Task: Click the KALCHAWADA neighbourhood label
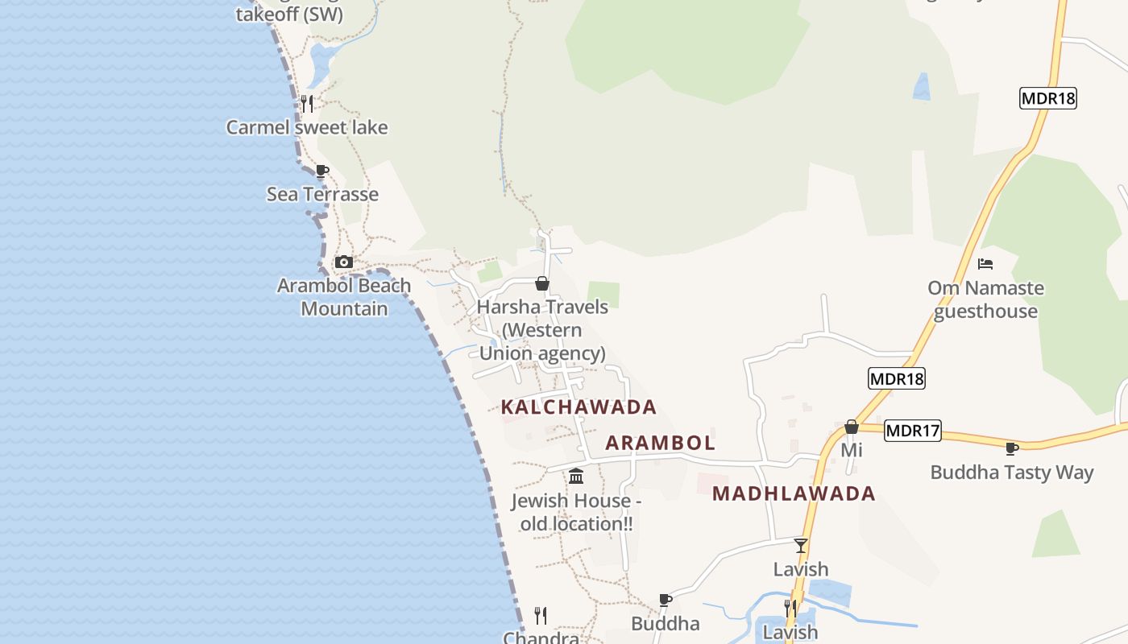point(579,407)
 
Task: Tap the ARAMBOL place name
point(660,443)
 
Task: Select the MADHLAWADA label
point(794,493)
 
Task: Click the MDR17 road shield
point(912,431)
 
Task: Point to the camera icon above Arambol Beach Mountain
point(344,262)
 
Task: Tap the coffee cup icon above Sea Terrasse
point(322,171)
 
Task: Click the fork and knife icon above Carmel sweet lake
point(306,103)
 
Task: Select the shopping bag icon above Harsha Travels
point(542,283)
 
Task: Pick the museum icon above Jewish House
point(576,477)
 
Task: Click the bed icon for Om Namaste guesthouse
point(985,263)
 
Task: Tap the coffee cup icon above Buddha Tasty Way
point(1012,448)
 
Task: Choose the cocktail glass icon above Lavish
point(800,546)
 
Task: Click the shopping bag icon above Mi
point(852,427)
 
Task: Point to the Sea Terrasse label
point(322,194)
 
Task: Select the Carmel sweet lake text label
point(306,127)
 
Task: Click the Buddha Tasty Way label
point(1012,472)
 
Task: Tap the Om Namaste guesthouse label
point(985,299)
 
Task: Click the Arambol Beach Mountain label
point(344,297)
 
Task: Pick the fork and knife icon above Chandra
point(541,616)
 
